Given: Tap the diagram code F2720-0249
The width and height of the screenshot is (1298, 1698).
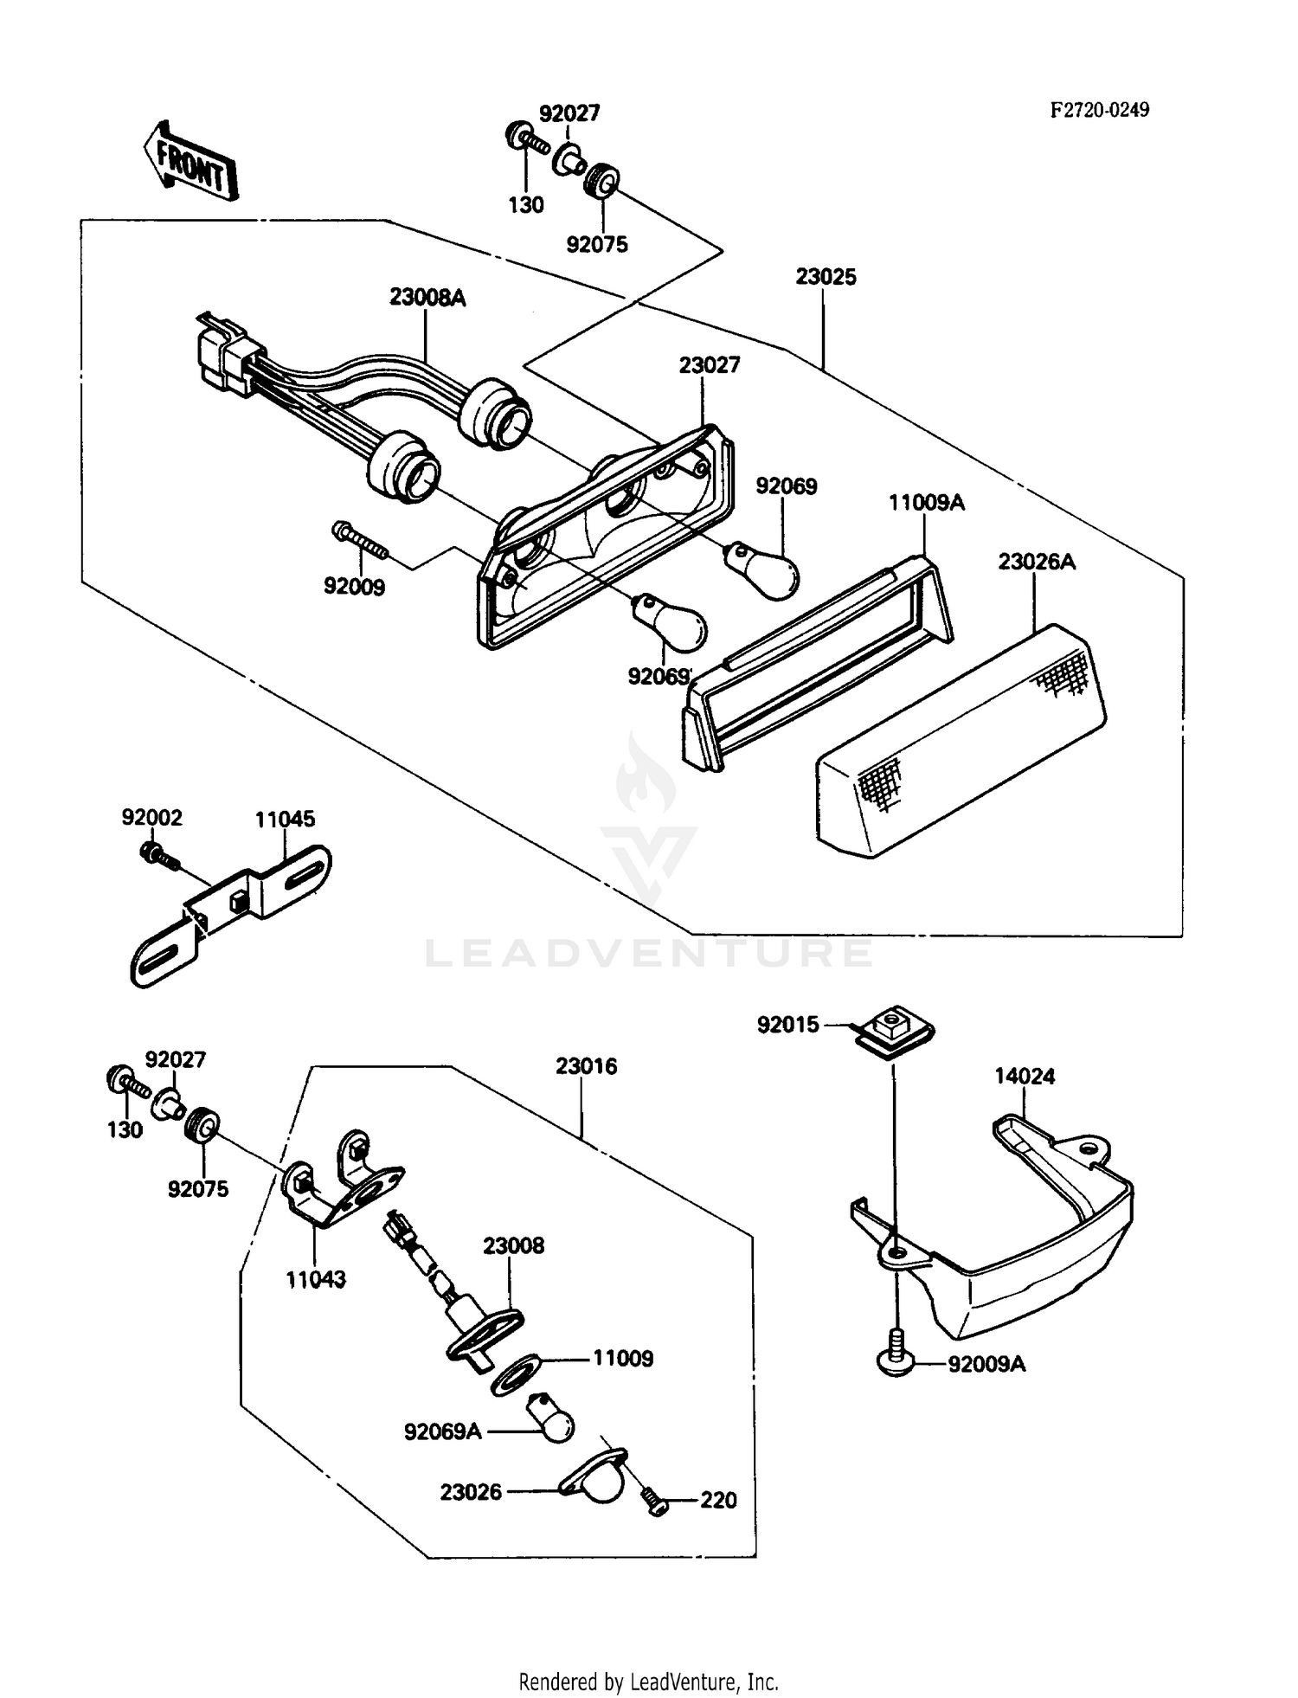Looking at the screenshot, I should click(1100, 110).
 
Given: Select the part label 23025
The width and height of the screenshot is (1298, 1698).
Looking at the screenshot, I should click(826, 277).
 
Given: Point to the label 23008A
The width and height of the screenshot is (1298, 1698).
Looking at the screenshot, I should click(427, 298).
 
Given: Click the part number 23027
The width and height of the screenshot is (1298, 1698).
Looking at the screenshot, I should click(710, 365).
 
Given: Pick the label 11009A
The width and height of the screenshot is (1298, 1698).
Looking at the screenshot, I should click(926, 503).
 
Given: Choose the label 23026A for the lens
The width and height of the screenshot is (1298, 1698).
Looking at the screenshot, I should click(1037, 562).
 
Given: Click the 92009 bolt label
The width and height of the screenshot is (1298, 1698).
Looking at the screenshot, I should click(354, 587).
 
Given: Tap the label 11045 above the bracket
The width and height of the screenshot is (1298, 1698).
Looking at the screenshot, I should click(285, 819).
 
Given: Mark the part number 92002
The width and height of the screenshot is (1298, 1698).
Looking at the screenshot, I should click(151, 818).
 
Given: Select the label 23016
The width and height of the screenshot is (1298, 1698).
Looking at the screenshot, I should click(586, 1066).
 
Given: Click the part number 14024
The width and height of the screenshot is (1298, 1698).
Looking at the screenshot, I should click(1025, 1077).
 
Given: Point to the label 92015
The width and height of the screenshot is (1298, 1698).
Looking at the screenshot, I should click(787, 1025).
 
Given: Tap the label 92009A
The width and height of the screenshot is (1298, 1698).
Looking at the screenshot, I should click(986, 1365).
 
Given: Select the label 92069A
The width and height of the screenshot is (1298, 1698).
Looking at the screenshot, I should click(442, 1431).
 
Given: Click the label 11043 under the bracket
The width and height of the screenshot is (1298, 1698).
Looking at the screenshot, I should click(316, 1279).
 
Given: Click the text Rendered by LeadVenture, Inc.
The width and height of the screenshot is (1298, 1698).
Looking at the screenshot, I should click(648, 1682).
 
